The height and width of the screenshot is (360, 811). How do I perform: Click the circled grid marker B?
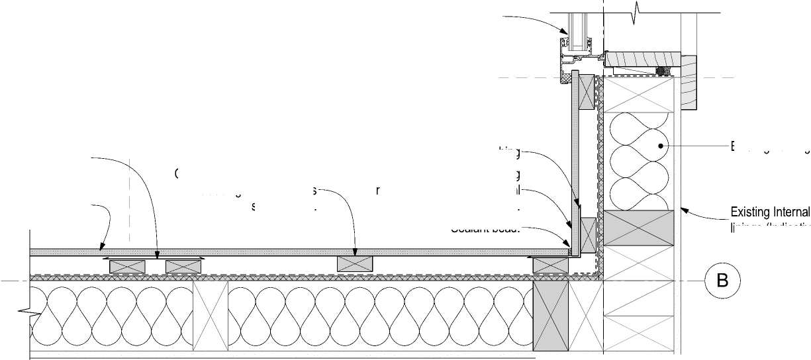722,280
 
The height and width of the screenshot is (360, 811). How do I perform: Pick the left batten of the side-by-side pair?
127,266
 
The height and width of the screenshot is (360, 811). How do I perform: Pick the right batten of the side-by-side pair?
183,266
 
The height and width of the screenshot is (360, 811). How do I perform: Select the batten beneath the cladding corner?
551,265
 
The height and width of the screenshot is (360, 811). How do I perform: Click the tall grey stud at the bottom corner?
551,316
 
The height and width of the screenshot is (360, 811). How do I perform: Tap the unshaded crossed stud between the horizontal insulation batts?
210,316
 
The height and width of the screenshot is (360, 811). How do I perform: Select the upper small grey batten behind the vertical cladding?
587,91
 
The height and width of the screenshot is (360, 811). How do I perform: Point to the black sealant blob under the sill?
665,70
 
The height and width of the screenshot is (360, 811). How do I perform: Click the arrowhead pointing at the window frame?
565,31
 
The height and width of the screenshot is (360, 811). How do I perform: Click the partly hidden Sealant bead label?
485,230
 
